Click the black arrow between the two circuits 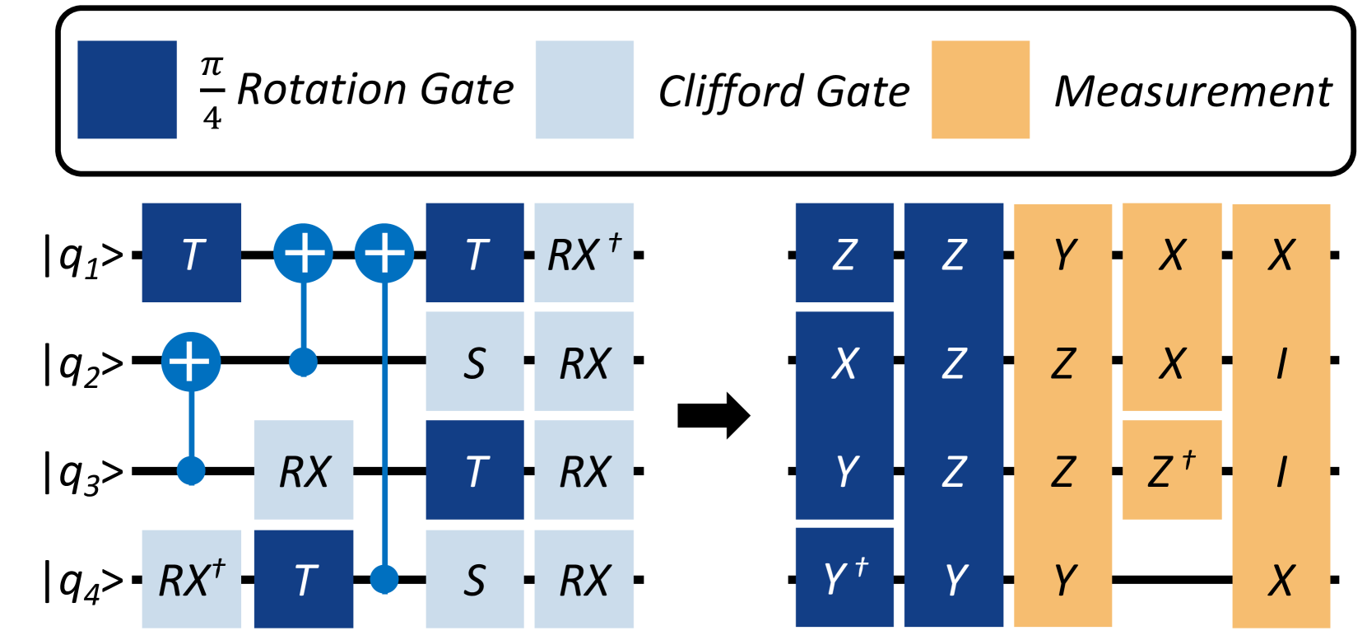(714, 416)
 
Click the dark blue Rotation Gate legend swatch (127, 90)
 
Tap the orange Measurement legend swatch (980, 90)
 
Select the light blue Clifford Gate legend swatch (584, 90)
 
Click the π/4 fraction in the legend (212, 91)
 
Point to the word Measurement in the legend (1193, 91)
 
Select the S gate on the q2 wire (475, 362)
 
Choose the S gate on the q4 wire (475, 579)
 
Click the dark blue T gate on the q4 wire (304, 579)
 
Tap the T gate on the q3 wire (475, 469)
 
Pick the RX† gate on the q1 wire (584, 253)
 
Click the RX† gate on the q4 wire (192, 579)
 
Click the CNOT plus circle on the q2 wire (190, 362)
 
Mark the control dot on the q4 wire (384, 579)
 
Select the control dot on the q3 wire (191, 471)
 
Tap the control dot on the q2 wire (304, 362)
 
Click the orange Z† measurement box (1172, 469)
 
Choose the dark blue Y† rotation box (844, 577)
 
